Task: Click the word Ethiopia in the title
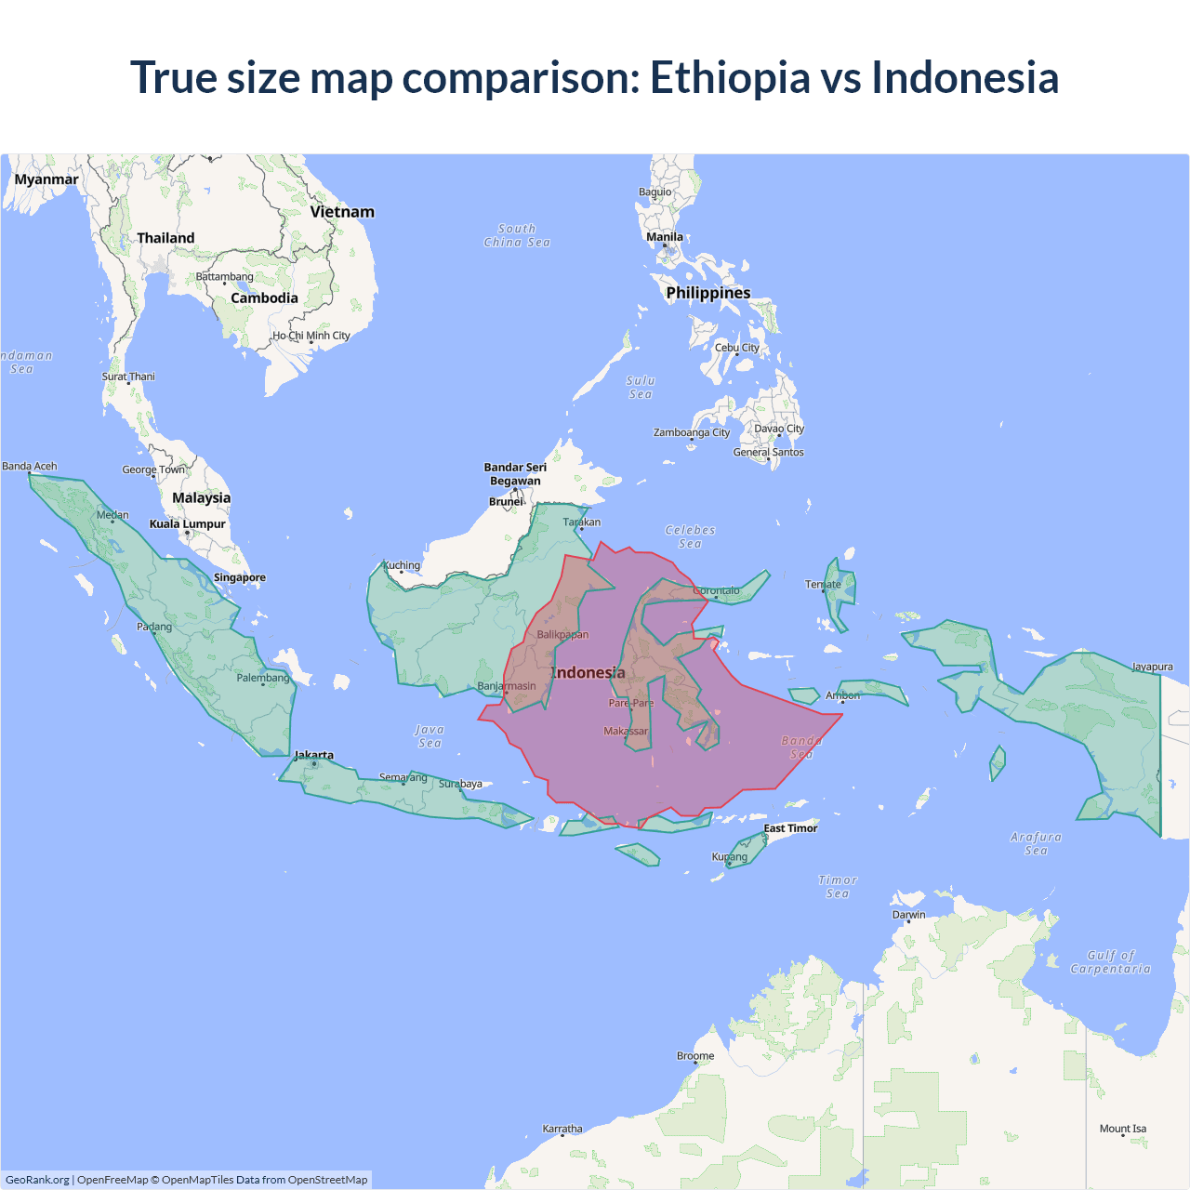point(730,77)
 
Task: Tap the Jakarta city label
point(313,755)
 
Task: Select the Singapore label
point(240,577)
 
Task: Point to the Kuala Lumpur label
point(188,524)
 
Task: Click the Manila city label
point(665,237)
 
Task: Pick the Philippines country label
point(707,293)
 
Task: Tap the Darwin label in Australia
point(908,915)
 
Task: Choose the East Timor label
point(790,828)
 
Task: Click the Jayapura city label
point(1152,667)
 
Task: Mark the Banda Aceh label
point(30,467)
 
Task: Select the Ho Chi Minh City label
point(311,336)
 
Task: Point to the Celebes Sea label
point(690,536)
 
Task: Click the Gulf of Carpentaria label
point(1111,962)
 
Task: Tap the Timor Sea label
point(838,887)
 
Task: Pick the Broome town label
point(695,1056)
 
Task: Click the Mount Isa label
point(1123,1129)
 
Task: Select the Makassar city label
point(626,732)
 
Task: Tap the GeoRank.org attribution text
point(37,1180)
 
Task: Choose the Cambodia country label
point(264,298)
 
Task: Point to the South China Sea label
point(517,235)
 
